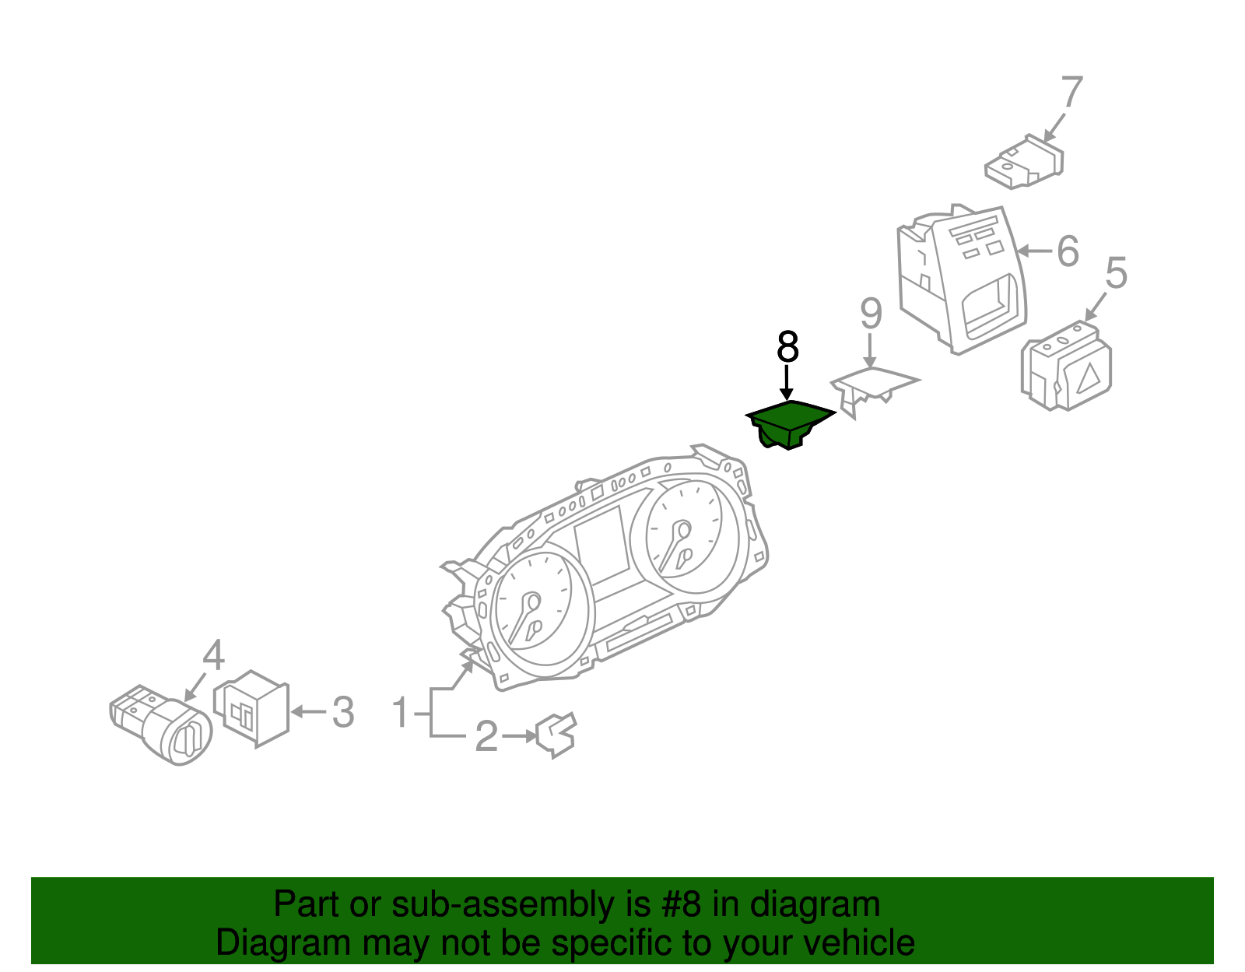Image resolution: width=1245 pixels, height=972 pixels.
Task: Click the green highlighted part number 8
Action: pos(787,423)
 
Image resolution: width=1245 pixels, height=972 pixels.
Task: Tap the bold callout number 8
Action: pos(787,347)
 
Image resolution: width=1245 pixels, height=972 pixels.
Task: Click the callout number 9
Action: pos(871,314)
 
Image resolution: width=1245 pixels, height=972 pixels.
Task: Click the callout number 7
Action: pos(1071,93)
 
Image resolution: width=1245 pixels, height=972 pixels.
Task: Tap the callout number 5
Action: pos(1116,273)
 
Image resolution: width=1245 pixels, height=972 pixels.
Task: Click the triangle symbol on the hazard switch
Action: pos(1089,377)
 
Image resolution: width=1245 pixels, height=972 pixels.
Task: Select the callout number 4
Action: pos(213,655)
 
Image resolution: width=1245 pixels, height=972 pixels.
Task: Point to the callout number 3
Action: pos(343,712)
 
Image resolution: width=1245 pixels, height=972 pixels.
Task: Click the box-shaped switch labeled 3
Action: pos(253,708)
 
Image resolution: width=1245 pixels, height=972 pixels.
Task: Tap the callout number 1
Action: pos(400,712)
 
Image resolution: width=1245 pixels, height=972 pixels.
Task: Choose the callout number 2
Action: pos(486,736)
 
